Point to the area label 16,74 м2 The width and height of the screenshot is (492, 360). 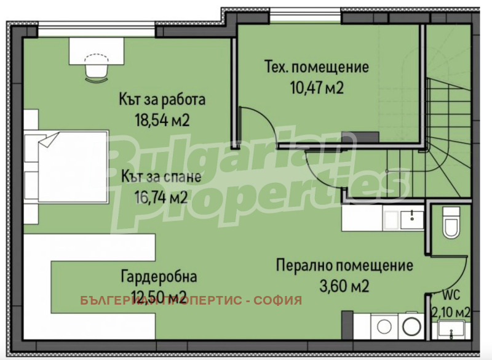[x=161, y=198]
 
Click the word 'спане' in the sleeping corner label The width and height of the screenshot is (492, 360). [x=181, y=177]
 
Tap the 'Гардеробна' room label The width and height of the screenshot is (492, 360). [x=159, y=277]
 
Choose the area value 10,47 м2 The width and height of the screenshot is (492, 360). [x=317, y=87]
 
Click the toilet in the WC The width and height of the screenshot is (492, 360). [x=451, y=223]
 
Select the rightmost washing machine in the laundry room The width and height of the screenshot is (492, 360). [x=410, y=324]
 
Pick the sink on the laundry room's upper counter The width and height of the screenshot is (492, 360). [x=409, y=216]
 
